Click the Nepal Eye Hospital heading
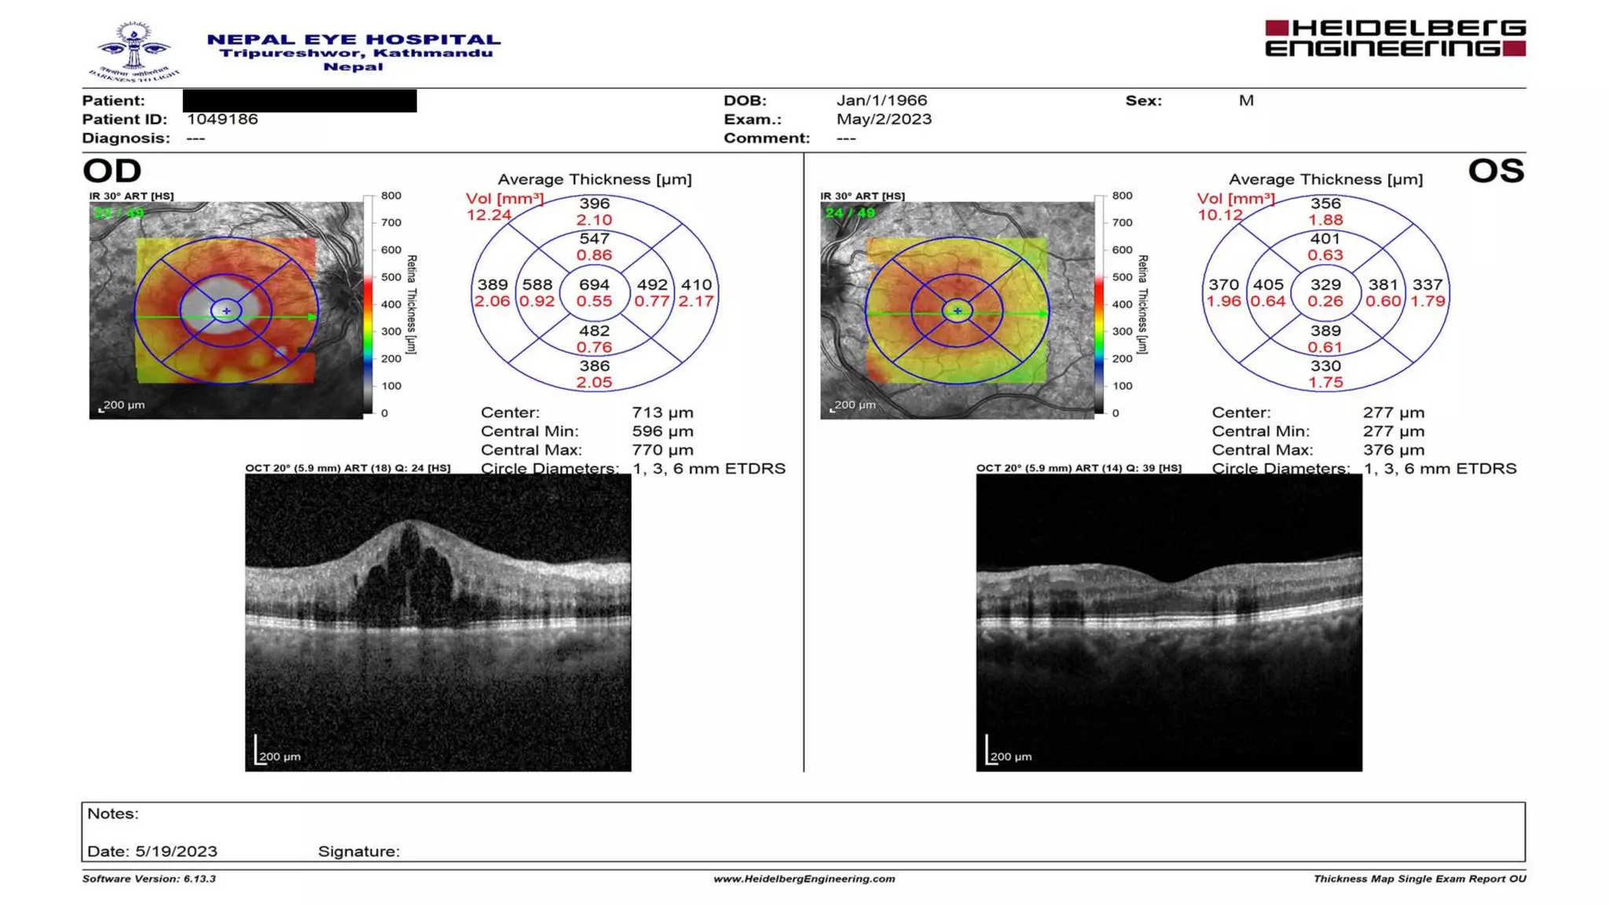coord(354,39)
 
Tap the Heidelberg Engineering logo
coord(1395,38)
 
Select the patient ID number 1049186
coord(222,119)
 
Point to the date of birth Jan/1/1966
coord(881,101)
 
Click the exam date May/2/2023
coord(884,119)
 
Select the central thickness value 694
coord(594,285)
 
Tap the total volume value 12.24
coord(489,215)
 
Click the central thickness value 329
coord(1325,285)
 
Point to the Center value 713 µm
coord(662,412)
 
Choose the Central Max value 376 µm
coord(1393,450)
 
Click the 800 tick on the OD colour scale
coord(390,196)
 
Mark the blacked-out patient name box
coord(299,101)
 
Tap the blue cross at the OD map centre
coord(226,311)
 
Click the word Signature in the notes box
coord(358,852)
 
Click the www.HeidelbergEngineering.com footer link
coord(804,879)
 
